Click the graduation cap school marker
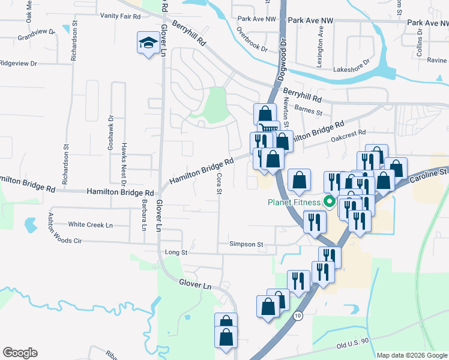coord(146,43)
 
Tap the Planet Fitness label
coord(294,202)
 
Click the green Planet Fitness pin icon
coord(328,202)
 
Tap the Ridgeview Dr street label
coord(19,63)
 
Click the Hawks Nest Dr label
coord(124,158)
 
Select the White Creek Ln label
coord(91,224)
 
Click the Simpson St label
coord(246,244)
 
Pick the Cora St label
coord(220,184)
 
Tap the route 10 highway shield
coord(298,315)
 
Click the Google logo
coord(20,353)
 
